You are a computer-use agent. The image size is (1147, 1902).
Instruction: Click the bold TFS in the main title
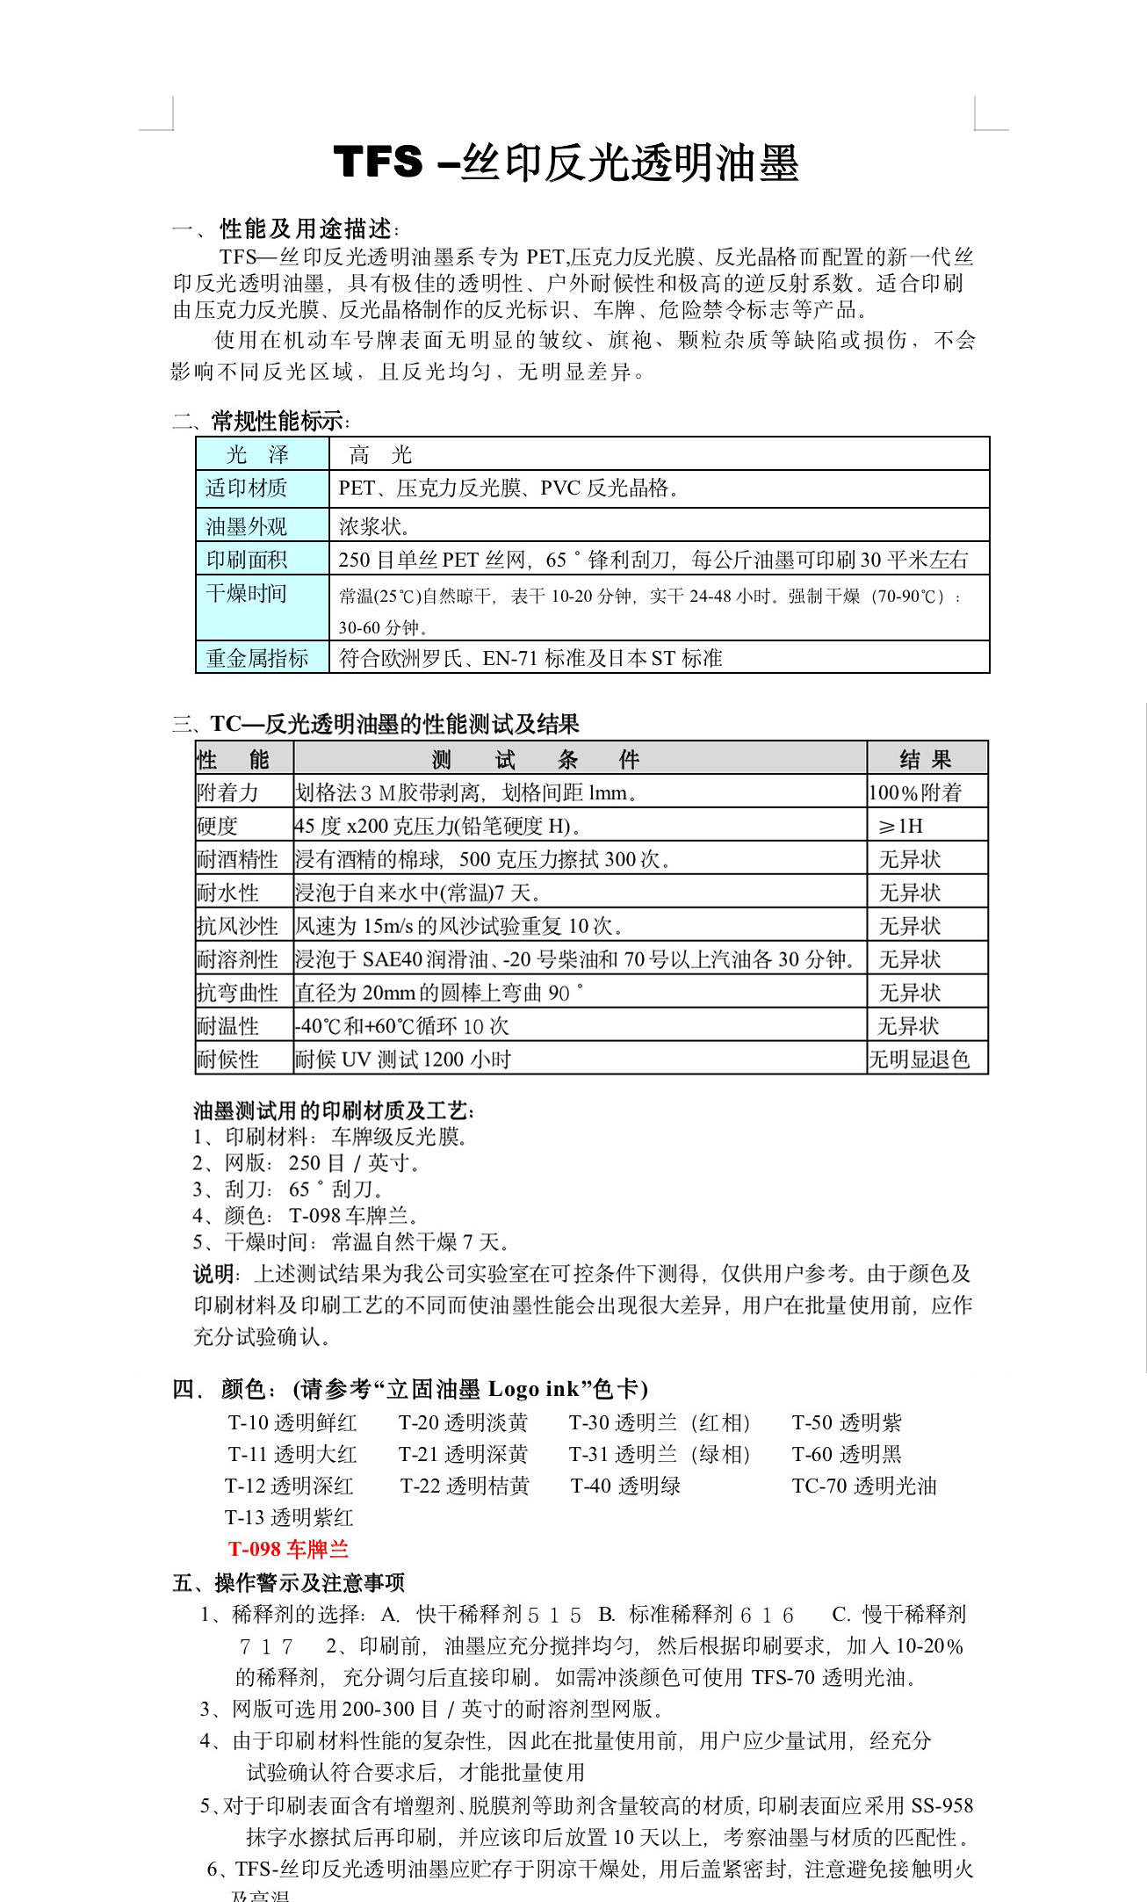(378, 163)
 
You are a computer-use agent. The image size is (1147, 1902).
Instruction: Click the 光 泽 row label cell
(258, 455)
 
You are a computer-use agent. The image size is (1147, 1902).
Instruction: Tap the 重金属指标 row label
(257, 658)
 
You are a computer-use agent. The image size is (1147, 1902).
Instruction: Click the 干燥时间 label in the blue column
(247, 594)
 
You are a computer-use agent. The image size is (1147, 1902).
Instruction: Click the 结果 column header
(926, 759)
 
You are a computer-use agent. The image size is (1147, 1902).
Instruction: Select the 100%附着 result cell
(915, 792)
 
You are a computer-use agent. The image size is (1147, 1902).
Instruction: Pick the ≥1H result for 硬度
(901, 826)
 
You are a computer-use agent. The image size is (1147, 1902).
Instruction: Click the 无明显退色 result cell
(919, 1059)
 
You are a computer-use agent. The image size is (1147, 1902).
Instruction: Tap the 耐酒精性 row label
(237, 859)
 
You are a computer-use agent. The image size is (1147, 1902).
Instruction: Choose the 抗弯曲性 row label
(237, 993)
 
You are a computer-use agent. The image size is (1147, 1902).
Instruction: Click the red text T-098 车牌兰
(288, 1549)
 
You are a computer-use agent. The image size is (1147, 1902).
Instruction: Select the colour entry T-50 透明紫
(847, 1422)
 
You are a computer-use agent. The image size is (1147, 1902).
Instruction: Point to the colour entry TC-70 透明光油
(864, 1486)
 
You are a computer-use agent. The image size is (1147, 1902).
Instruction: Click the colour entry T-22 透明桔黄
(465, 1486)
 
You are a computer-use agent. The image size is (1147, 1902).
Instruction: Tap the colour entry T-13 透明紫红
(289, 1517)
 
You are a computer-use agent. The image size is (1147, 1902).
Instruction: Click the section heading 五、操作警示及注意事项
(289, 1582)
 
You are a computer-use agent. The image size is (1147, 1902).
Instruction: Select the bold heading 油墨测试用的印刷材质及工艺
(334, 1111)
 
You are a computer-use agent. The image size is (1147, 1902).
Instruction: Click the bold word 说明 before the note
(213, 1274)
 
